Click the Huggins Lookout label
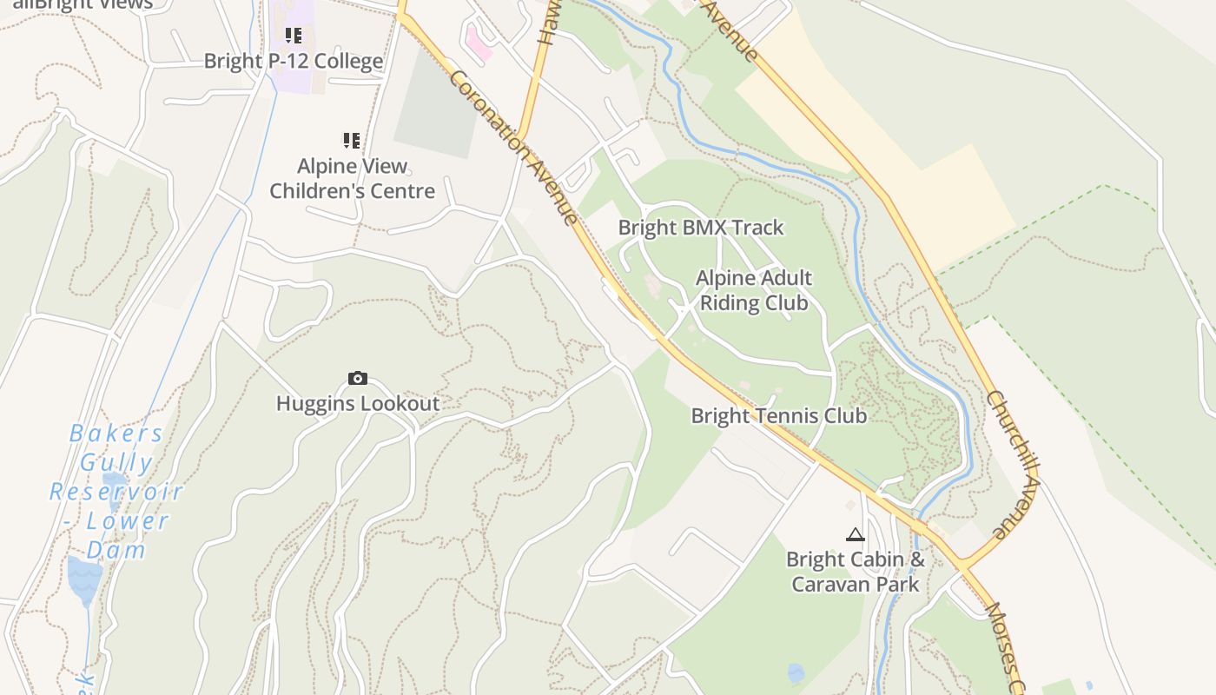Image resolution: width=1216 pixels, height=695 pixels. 358,404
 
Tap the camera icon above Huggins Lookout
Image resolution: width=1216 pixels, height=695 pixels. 357,378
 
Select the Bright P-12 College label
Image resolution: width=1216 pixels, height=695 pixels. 293,62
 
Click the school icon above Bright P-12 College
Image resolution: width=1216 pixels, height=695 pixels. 294,36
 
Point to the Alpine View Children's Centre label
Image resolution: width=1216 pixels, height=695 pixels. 352,178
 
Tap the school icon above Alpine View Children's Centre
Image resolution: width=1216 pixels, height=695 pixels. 351,140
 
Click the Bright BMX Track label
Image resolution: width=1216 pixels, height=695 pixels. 701,228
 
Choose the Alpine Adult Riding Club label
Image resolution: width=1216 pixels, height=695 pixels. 754,290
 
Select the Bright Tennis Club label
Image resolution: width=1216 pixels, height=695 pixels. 778,416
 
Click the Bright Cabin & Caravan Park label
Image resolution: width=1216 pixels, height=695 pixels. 856,572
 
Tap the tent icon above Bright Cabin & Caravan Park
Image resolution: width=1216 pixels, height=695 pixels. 855,535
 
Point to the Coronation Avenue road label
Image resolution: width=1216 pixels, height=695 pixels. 514,148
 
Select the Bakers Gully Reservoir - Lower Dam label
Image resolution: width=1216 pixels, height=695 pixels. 116,492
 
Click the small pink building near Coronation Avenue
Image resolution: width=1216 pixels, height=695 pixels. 479,42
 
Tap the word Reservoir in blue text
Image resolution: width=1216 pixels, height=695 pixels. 116,492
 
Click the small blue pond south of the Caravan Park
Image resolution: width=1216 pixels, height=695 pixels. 796,673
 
